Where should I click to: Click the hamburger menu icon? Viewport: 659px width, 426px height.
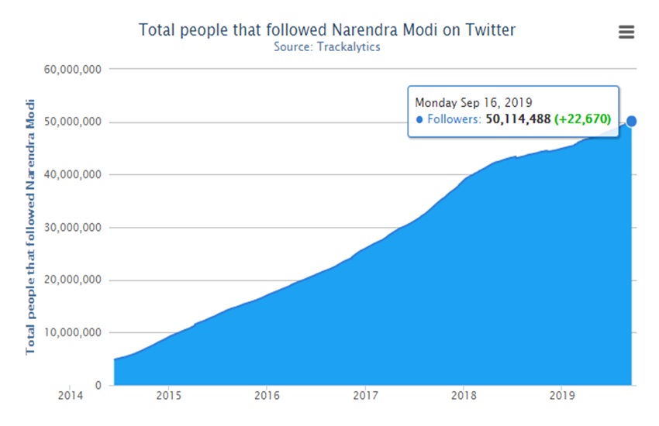[626, 32]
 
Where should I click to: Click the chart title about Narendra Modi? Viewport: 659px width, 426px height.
[326, 30]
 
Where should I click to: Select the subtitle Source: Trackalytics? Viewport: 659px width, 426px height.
[326, 46]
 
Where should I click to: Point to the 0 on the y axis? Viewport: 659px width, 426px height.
[97, 385]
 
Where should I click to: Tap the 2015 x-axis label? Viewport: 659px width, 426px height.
[168, 395]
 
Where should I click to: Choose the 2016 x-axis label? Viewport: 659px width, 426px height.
[267, 395]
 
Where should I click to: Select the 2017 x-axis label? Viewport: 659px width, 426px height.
[365, 395]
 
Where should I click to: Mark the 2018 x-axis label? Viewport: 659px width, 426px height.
[464, 395]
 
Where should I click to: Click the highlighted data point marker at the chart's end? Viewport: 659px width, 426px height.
[631, 121]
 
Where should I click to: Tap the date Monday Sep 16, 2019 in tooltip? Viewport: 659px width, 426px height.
[474, 102]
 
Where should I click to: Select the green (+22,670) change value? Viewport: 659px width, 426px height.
[582, 119]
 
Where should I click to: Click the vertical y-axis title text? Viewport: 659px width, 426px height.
[30, 226]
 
